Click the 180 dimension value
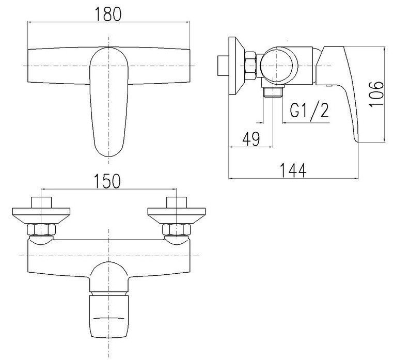pos(108,14)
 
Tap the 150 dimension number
pos(107,181)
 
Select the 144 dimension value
pos(293,170)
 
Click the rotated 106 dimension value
pos(376,94)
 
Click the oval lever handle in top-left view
pos(109,102)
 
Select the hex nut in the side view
pos(250,66)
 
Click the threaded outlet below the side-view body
pos(273,91)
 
